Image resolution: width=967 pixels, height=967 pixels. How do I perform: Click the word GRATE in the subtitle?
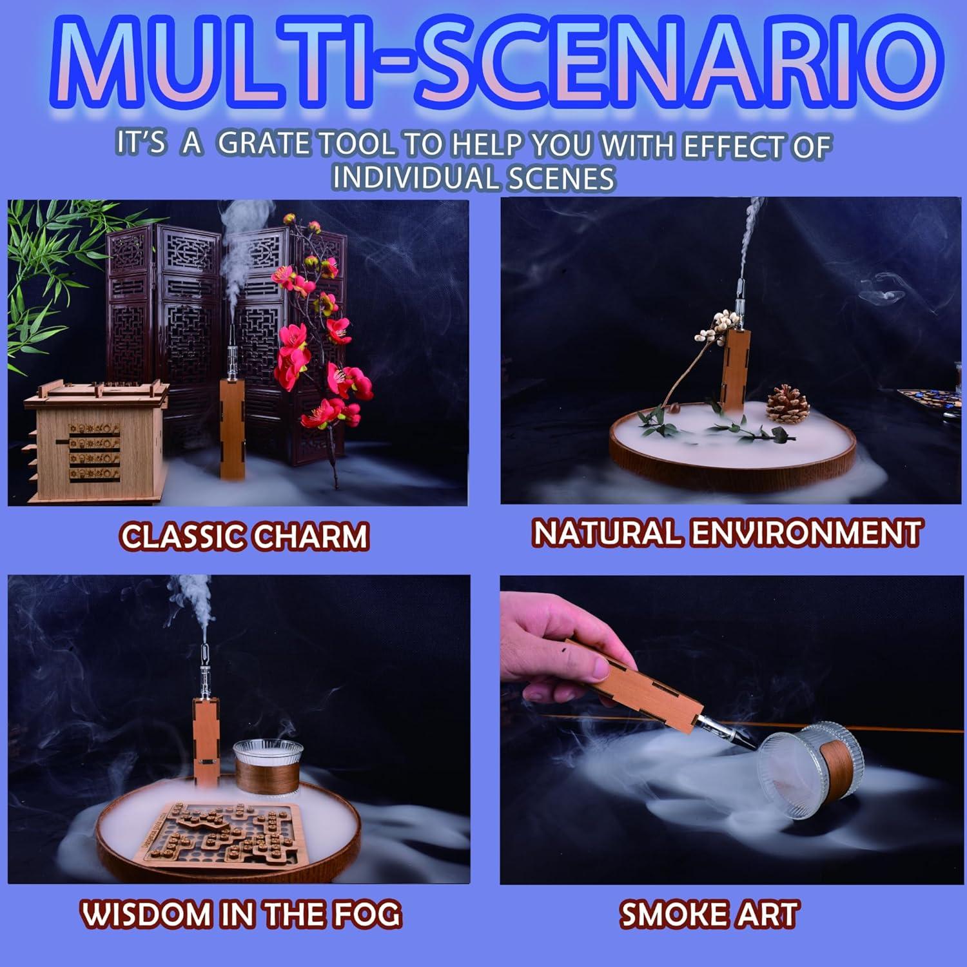(264, 144)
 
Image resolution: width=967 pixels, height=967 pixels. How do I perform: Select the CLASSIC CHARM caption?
(244, 536)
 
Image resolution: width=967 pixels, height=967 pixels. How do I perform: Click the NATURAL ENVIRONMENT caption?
(727, 533)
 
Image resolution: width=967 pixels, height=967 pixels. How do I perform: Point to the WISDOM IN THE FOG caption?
(241, 914)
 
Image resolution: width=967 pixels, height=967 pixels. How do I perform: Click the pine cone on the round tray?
(786, 404)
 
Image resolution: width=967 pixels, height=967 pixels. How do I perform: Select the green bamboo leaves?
(48, 271)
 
